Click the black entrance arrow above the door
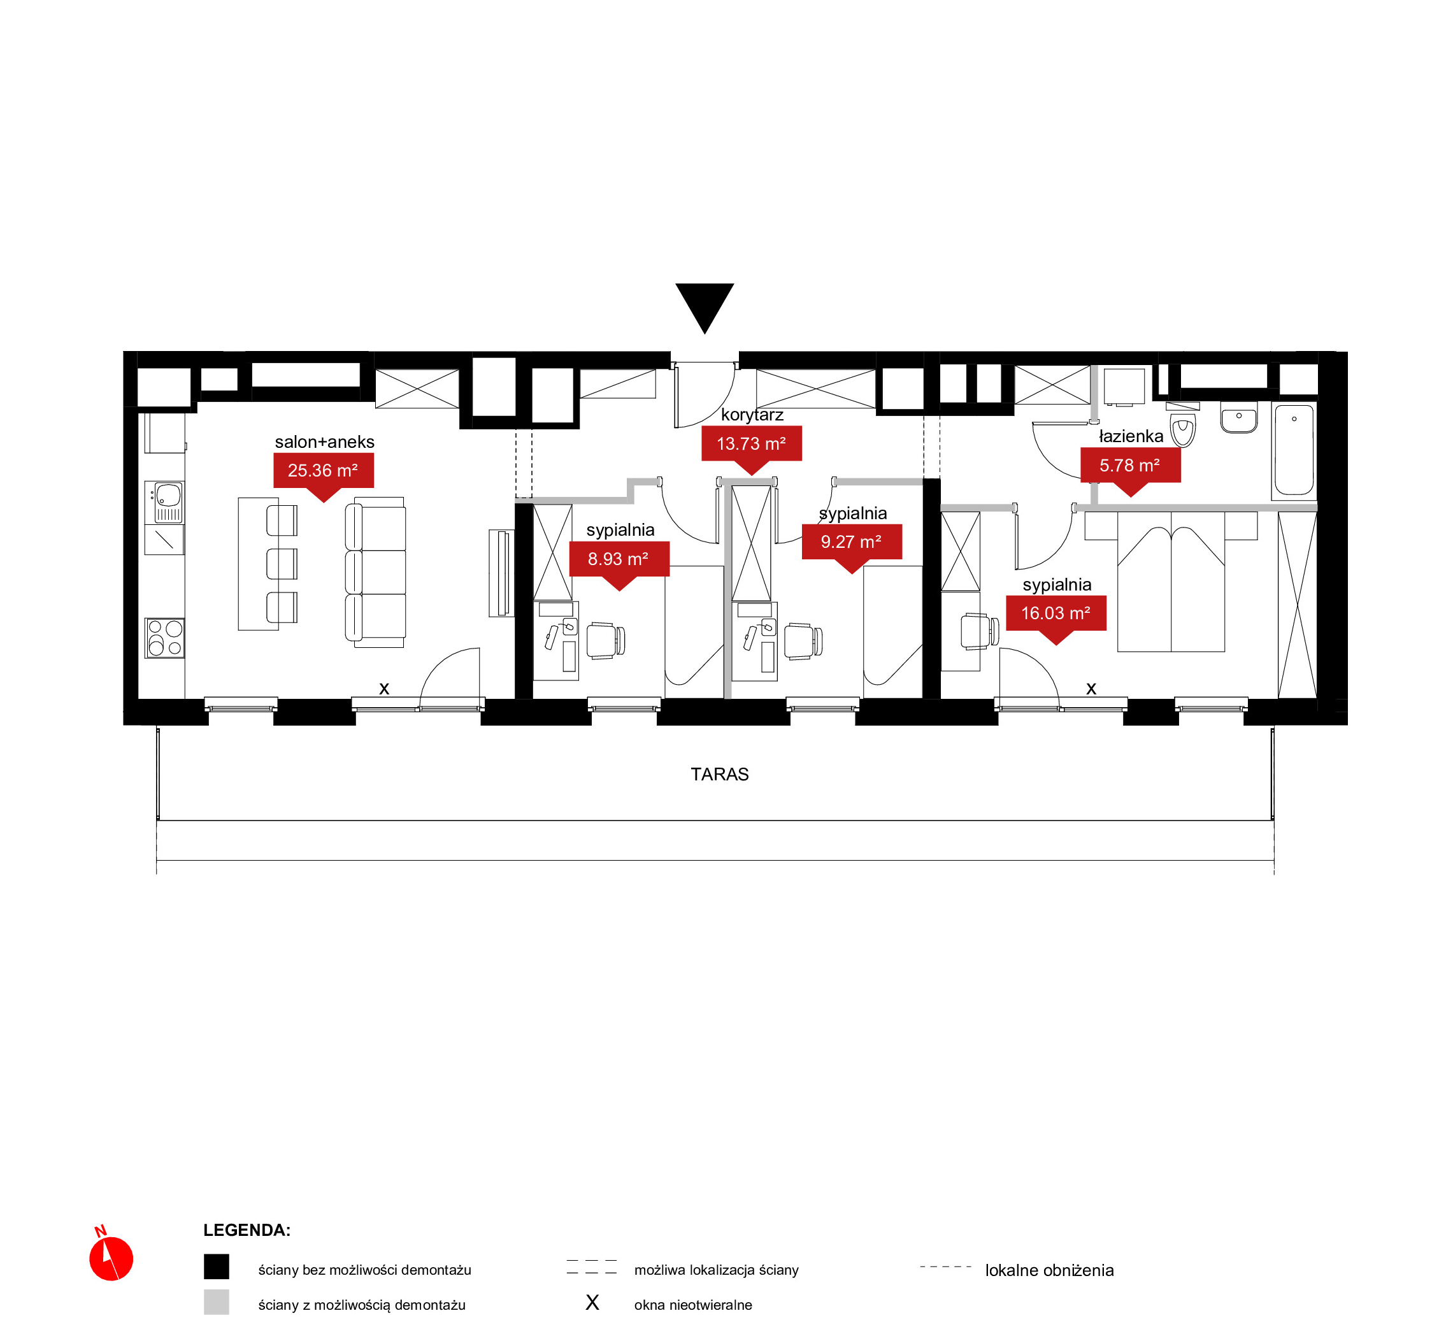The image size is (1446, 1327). coord(705,305)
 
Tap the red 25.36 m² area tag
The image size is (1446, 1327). coord(323,474)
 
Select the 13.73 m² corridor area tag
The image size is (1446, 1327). coord(751,447)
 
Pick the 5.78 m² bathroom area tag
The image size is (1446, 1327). coord(1130,469)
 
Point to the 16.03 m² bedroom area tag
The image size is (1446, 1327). coord(1056,617)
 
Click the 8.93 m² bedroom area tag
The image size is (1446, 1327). coord(619,563)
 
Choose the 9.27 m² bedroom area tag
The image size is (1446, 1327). coord(852,546)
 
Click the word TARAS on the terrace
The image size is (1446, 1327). coord(719,774)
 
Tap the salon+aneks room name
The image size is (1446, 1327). coord(324,441)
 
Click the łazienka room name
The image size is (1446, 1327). coord(1131,436)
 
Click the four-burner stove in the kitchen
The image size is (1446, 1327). coord(164,638)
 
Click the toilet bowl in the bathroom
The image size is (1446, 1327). coord(1182,429)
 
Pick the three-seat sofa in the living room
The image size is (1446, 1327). coord(375,572)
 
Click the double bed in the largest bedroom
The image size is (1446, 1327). coord(1171,582)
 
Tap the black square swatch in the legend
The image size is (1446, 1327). coord(216,1266)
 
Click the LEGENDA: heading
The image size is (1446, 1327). coord(247,1230)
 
